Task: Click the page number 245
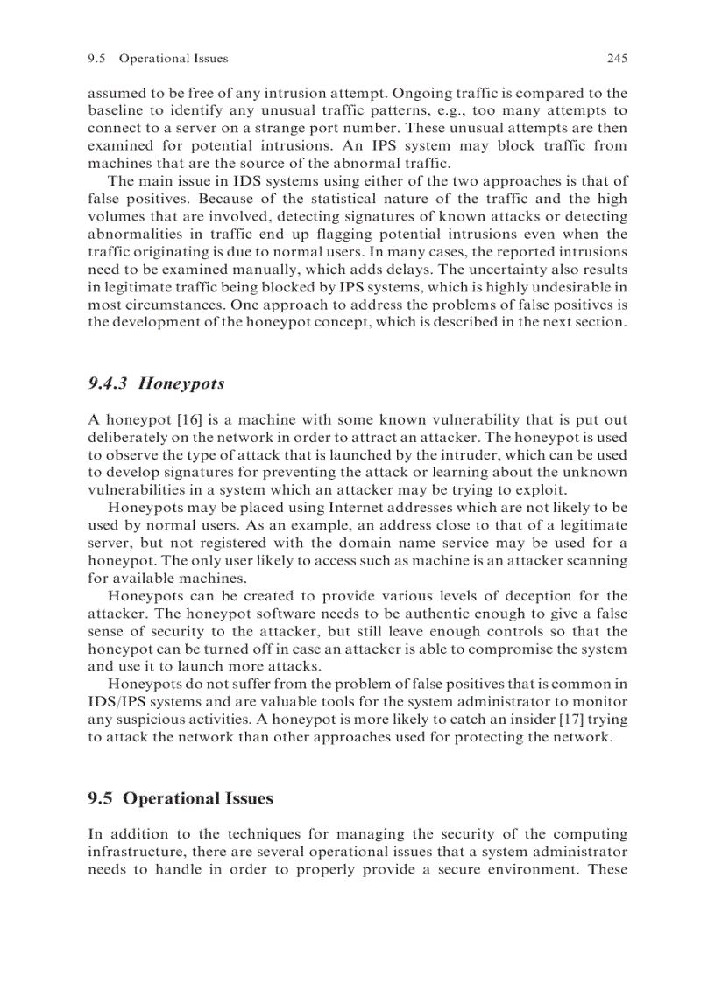tap(617, 59)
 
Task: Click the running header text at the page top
tap(158, 59)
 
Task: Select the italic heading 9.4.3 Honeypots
tap(156, 383)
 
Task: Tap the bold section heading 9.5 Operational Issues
tap(181, 798)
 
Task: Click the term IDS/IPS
tap(117, 703)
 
